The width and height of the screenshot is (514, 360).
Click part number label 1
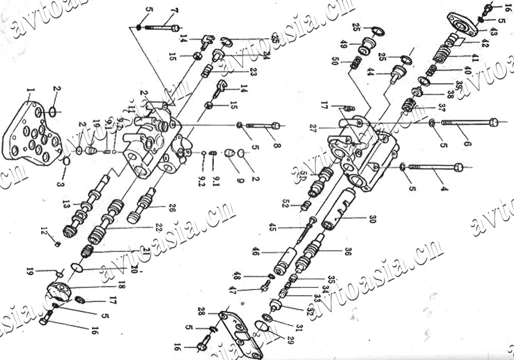pos(30,93)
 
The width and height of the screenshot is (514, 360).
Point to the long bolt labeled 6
pos(468,122)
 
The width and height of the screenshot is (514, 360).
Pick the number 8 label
pos(277,146)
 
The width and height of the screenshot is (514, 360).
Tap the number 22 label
pos(144,227)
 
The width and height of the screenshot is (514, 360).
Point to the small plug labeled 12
pos(58,243)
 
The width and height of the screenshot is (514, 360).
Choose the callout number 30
pos(372,218)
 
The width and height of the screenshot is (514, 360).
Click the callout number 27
pos(312,127)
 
